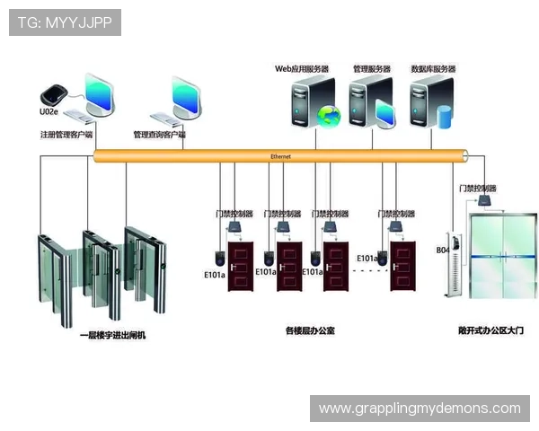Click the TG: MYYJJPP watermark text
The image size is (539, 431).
(x=64, y=22)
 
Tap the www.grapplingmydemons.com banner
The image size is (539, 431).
(x=420, y=409)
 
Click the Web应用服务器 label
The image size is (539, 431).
(x=301, y=68)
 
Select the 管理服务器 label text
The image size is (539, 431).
(x=371, y=68)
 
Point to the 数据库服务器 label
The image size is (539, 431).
(x=433, y=68)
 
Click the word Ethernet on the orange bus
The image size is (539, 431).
(x=280, y=156)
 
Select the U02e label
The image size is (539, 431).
(x=49, y=112)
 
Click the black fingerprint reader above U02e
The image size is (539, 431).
(x=52, y=95)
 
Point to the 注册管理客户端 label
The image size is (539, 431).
(x=66, y=135)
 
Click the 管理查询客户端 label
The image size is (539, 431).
(x=159, y=135)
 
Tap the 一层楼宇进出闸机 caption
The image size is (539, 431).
(x=112, y=335)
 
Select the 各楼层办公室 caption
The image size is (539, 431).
(x=309, y=330)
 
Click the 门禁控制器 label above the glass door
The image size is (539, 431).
(x=477, y=189)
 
